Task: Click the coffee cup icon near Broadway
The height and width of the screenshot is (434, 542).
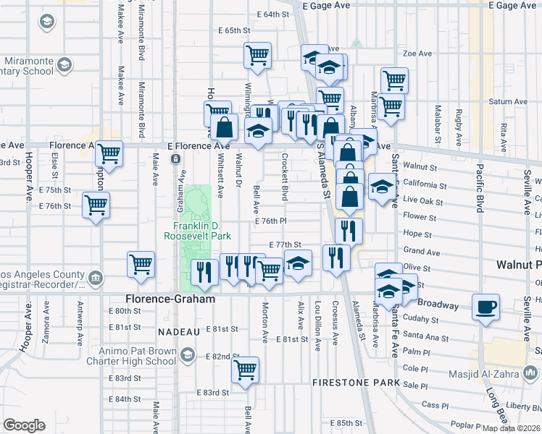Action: tap(485, 307)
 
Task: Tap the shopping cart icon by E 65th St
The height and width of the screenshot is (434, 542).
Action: tap(257, 55)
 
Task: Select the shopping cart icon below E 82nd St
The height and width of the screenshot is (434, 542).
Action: tap(245, 370)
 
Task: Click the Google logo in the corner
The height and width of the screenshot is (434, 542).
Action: tap(24, 425)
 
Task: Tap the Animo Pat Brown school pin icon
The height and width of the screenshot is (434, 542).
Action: tap(189, 354)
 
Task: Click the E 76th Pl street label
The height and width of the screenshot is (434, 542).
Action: tap(270, 221)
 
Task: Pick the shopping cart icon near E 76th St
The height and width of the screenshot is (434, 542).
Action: tap(96, 205)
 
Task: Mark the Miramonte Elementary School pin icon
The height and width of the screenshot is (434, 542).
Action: tap(64, 66)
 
